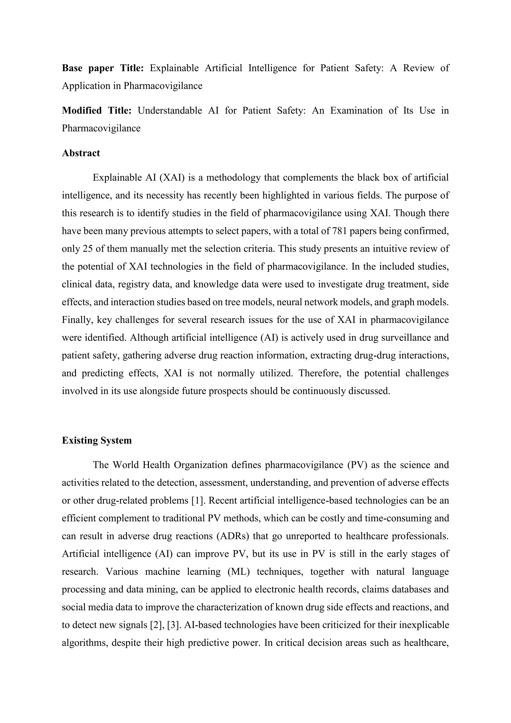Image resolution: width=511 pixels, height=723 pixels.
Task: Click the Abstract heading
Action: [81, 153]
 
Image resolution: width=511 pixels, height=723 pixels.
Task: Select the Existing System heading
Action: [97, 440]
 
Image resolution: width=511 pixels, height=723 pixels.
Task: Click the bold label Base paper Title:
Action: [103, 68]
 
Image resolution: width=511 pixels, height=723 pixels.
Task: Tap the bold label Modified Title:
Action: [97, 111]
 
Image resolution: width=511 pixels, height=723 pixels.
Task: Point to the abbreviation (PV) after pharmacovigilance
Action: [358, 465]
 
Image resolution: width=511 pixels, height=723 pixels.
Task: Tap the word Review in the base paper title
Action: [418, 68]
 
